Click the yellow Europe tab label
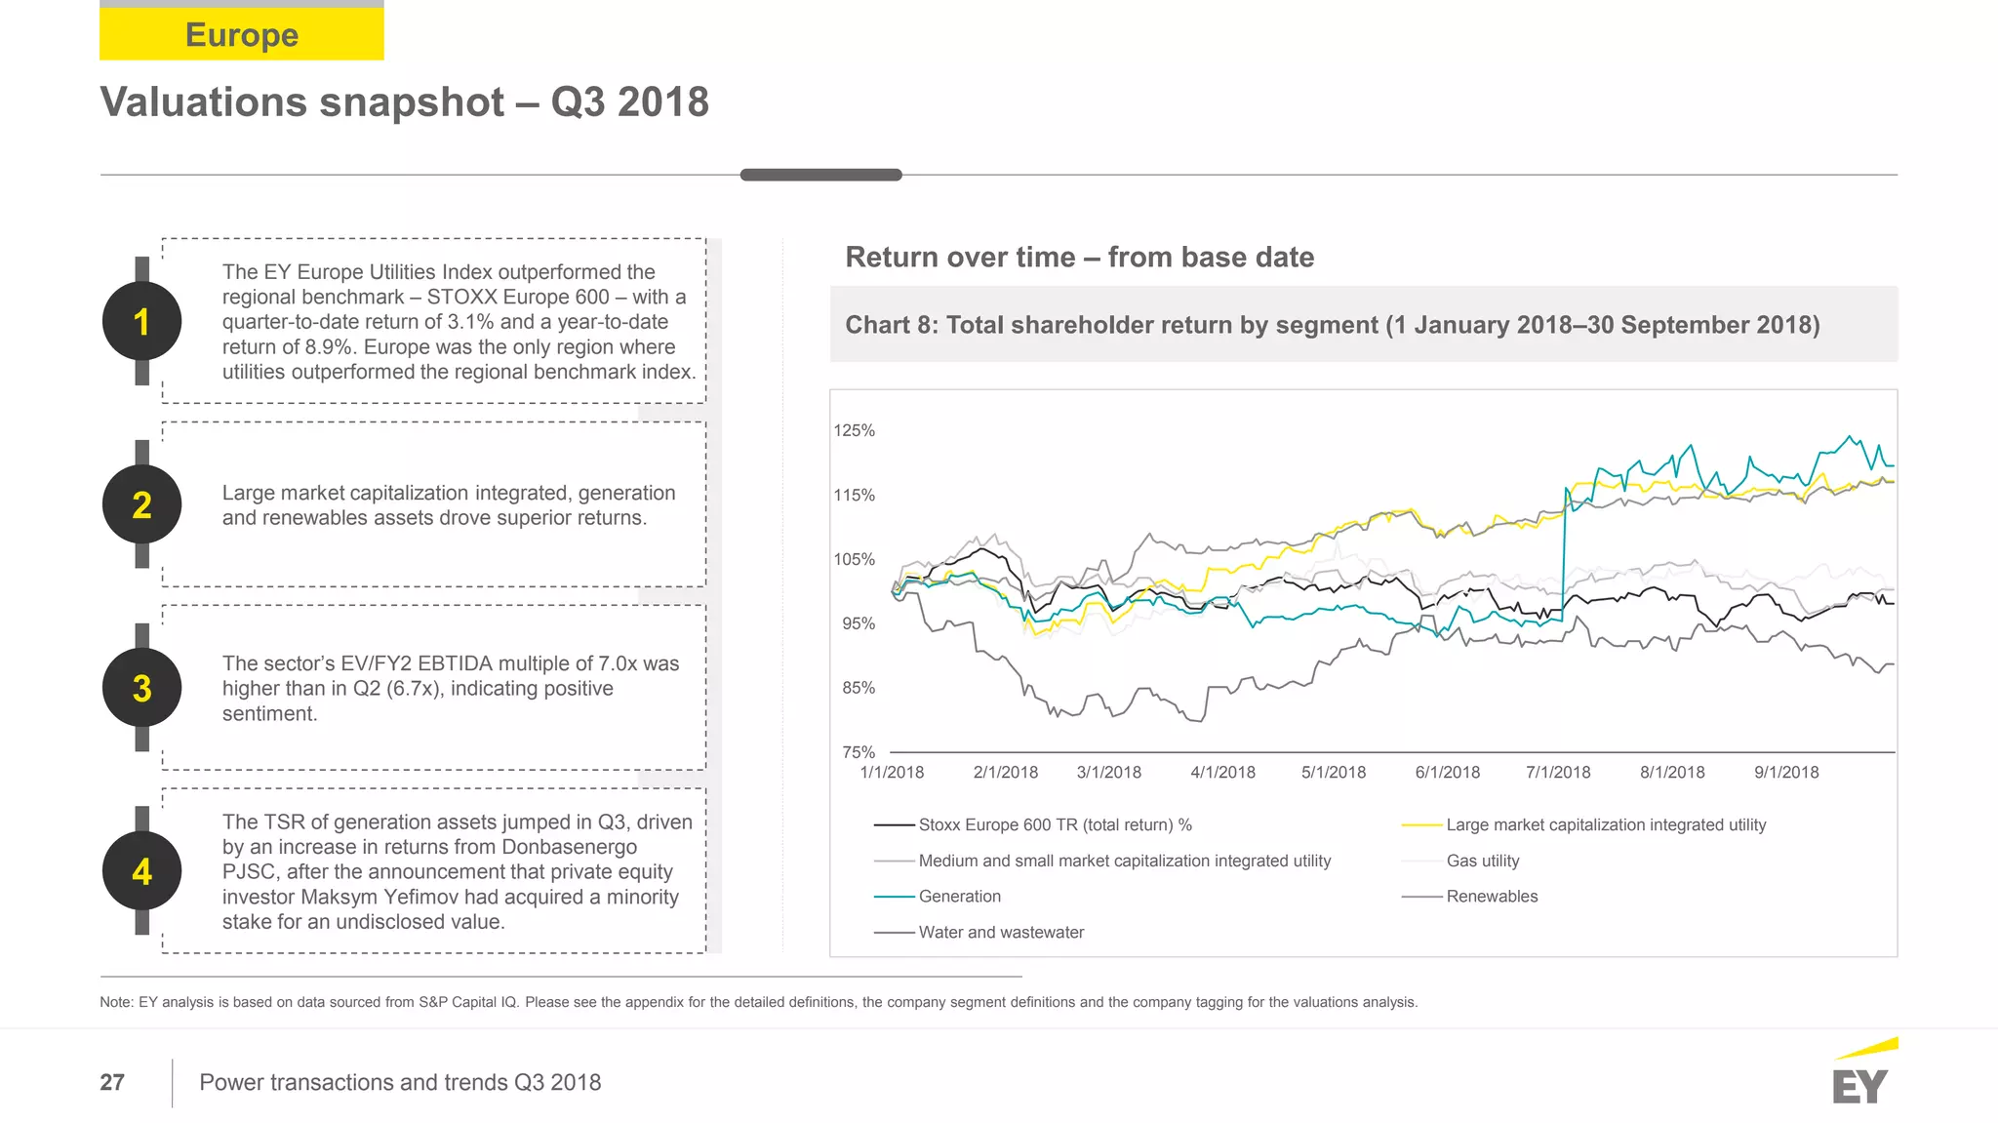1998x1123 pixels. (242, 34)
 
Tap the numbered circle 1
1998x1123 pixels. (141, 322)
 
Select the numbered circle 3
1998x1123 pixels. (141, 688)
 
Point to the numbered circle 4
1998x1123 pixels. (141, 871)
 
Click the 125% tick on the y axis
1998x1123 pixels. (854, 430)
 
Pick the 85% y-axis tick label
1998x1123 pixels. (858, 688)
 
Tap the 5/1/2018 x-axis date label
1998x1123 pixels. (1333, 772)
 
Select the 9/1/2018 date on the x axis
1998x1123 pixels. (1785, 772)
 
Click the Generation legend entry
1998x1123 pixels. (959, 896)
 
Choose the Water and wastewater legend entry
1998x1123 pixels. (1000, 932)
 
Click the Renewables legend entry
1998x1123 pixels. (1491, 896)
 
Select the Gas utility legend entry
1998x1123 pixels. (1482, 861)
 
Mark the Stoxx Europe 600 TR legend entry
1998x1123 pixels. (1054, 824)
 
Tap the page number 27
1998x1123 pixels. (112, 1082)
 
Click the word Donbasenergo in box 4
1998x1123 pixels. (569, 847)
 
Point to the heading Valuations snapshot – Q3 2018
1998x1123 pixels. (404, 101)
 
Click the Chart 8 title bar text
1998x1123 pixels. (1332, 325)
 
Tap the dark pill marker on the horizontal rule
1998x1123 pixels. (820, 175)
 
